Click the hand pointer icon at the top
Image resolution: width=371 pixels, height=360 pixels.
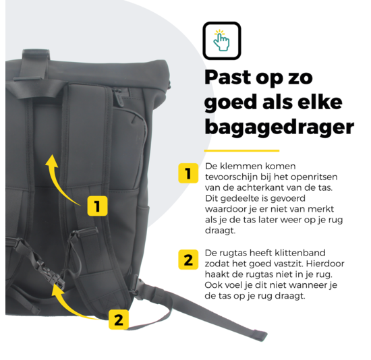[222, 40]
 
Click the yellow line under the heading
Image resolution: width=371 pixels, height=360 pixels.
[241, 150]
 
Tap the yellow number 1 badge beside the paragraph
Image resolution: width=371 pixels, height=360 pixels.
[188, 174]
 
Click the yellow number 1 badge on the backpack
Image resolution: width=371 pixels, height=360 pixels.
[98, 206]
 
